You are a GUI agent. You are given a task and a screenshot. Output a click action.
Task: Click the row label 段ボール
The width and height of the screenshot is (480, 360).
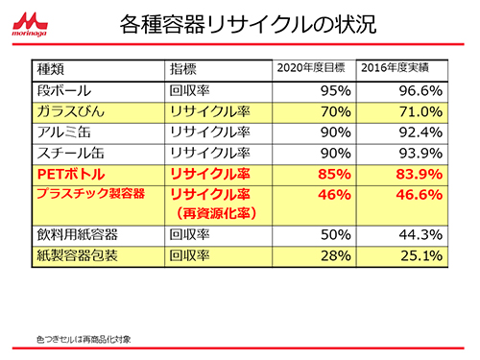click(61, 90)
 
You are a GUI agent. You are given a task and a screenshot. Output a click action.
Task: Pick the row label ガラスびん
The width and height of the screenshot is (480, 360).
click(67, 111)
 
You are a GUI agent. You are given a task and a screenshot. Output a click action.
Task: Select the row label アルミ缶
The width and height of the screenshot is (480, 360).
click(61, 132)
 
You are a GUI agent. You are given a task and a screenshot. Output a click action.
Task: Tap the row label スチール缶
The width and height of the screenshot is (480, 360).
click(67, 153)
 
